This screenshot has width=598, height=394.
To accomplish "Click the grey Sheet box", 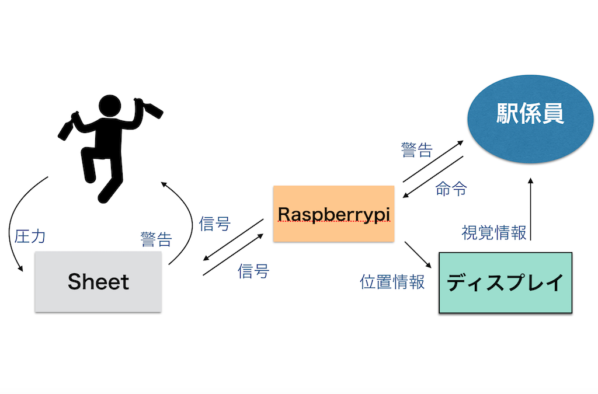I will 98,282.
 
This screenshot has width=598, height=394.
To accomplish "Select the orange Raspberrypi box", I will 333,214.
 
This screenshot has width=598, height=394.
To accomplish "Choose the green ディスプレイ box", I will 505,283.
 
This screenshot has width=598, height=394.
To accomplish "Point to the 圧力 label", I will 29,236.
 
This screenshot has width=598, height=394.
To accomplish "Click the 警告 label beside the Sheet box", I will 156,239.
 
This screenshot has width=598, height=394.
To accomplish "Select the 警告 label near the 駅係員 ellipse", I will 416,151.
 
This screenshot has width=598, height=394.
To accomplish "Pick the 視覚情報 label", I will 494,233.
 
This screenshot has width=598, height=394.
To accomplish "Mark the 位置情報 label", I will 392,282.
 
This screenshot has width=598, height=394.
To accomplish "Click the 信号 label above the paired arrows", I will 215,224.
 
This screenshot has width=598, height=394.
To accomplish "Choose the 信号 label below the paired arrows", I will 253,271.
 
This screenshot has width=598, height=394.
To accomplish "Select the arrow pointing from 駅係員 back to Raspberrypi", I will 433,177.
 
